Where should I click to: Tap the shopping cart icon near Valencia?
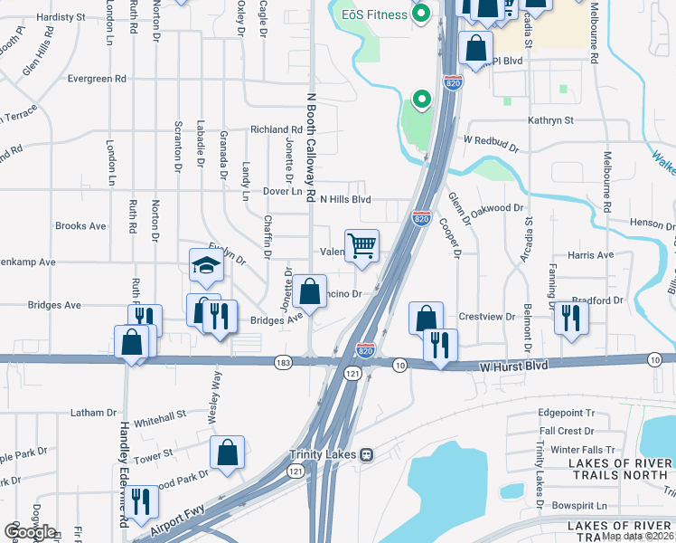click(361, 244)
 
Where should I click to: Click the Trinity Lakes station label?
click(324, 454)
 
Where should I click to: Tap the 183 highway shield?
click(283, 362)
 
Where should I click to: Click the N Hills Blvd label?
click(343, 199)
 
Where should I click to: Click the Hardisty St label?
click(61, 16)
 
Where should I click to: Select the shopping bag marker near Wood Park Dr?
click(227, 452)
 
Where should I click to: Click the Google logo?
click(30, 532)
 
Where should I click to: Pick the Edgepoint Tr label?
click(567, 412)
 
